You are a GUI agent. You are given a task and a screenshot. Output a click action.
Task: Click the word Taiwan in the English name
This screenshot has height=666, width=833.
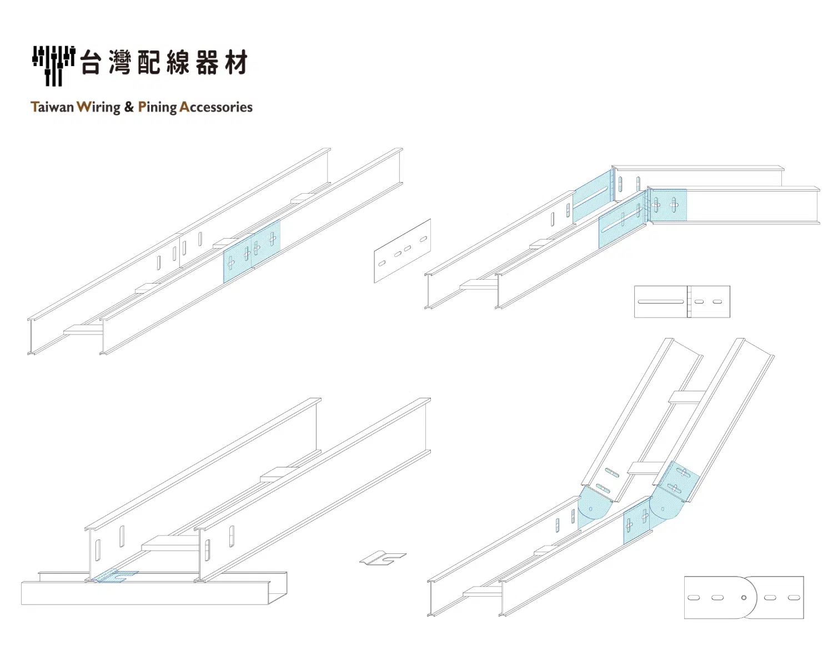point(52,107)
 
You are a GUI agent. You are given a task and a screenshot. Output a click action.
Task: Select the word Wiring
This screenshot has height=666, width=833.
point(98,108)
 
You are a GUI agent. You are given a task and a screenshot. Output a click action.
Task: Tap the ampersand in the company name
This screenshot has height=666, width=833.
point(129,107)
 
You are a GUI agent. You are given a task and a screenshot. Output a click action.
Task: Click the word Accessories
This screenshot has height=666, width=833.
point(216,107)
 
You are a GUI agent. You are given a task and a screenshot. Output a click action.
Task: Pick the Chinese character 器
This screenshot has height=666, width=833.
point(207,62)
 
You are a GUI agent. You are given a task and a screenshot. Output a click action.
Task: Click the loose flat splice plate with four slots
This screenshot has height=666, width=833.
point(402,251)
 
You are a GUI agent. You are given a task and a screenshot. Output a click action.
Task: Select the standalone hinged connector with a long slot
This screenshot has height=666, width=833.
point(682,301)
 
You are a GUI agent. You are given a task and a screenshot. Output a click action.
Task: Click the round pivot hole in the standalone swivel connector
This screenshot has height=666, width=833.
point(744,598)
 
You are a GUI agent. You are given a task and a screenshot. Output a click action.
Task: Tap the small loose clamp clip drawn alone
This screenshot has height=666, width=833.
point(383,558)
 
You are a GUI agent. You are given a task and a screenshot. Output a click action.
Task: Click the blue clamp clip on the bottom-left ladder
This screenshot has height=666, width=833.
point(116,576)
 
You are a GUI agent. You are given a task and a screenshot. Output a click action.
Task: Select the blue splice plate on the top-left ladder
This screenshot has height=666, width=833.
point(252,251)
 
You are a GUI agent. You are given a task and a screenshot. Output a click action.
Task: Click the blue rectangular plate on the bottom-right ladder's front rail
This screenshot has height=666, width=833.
point(637,521)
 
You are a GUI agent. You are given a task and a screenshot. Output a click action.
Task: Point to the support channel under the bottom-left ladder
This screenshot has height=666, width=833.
point(154,588)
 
